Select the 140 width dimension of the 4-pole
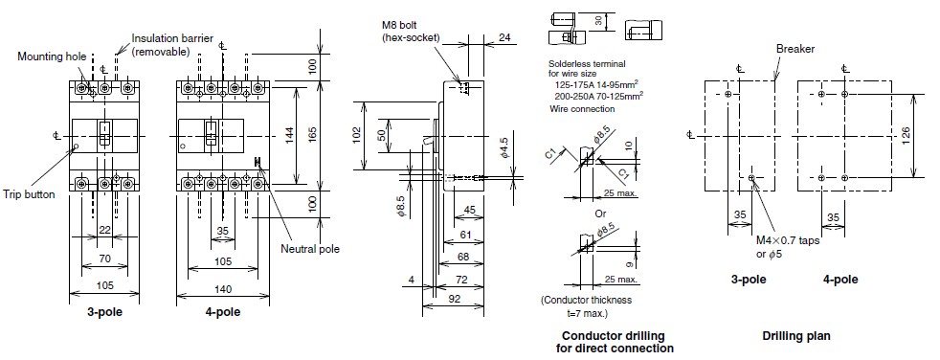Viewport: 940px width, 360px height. (x=223, y=287)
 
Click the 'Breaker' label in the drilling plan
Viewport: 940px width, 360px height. (x=794, y=49)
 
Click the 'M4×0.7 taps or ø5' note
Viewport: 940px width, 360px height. (x=784, y=246)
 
